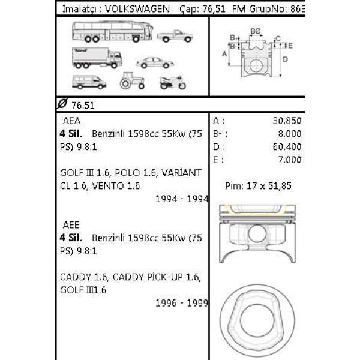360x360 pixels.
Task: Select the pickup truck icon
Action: pos(175,36)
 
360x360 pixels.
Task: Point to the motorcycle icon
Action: pos(173,82)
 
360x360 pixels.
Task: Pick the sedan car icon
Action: pos(153,62)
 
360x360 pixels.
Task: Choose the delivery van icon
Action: pos(88,82)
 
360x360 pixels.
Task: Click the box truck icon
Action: pos(97,57)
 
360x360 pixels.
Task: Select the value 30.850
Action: pos(286,120)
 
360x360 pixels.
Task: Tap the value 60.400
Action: pos(286,146)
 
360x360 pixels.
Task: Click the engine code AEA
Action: pos(71,120)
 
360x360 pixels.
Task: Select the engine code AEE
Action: pos(71,225)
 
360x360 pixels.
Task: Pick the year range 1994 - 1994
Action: pos(181,199)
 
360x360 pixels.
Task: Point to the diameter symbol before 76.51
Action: pos(62,104)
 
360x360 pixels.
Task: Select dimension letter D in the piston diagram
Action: pos(285,59)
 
